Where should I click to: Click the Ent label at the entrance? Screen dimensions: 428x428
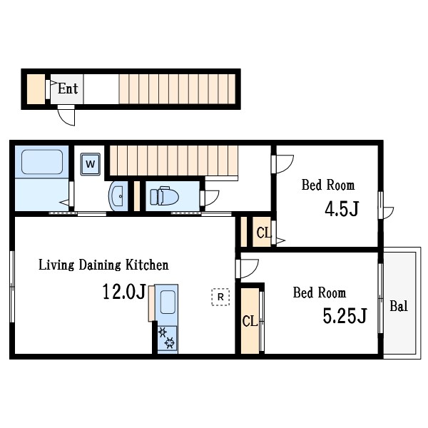tap(68, 88)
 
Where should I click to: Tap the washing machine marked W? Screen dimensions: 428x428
tap(91, 164)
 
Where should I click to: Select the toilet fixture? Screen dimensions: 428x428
tap(164, 195)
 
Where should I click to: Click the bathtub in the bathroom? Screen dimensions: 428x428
tap(42, 162)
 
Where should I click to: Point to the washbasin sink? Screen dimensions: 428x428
tap(118, 195)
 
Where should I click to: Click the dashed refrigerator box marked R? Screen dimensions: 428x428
tap(220, 297)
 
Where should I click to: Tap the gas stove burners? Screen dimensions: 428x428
tap(167, 338)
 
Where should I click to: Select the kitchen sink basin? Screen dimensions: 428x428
tap(168, 302)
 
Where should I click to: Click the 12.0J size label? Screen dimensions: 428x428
tap(124, 292)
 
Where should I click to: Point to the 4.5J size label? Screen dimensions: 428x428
tap(342, 209)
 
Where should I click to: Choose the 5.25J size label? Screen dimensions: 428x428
tap(345, 315)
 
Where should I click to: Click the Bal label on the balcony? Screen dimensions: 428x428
tap(399, 306)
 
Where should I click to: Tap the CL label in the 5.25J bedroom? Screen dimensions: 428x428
tap(250, 321)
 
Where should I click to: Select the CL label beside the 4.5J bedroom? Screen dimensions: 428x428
tap(264, 233)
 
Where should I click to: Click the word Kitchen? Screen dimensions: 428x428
tap(147, 265)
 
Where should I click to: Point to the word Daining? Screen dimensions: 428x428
tap(100, 265)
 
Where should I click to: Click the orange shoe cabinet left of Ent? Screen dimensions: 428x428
tap(36, 89)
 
